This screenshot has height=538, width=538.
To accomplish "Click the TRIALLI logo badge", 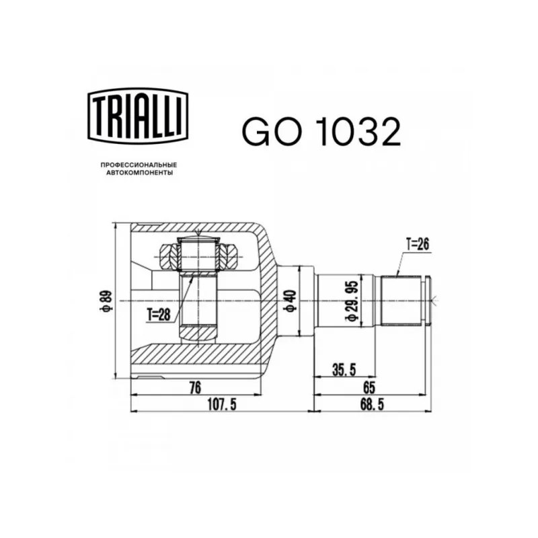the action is coord(138,115).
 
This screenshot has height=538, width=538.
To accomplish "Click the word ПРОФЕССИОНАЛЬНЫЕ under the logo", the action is coord(139,165).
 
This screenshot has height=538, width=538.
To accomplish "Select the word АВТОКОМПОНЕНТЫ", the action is coord(139,173).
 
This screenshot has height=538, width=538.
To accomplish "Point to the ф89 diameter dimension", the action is coord(106,301).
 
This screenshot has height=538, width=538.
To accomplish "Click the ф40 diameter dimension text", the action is coord(290,301).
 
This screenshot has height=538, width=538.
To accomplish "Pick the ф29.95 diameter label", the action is coord(352,301).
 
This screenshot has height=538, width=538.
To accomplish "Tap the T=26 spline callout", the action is coord(418,244).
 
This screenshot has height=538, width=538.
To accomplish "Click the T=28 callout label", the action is coord(159,314).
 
